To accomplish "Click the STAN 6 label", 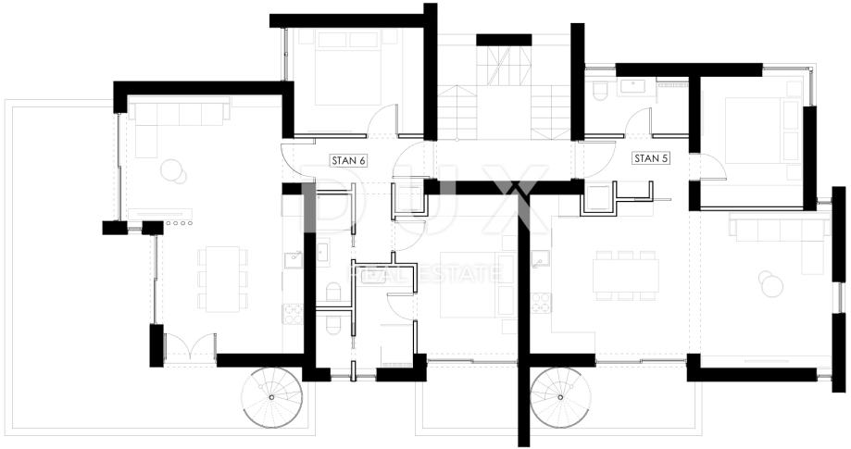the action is (x=348, y=160).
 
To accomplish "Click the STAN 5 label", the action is (x=651, y=159).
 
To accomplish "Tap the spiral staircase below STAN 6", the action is (x=271, y=397).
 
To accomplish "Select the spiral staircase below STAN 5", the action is (x=560, y=397).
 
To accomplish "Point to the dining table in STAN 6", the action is (x=222, y=279).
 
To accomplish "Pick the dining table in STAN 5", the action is (x=625, y=276).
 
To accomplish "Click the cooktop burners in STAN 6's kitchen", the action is (x=293, y=314).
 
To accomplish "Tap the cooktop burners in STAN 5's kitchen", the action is (x=541, y=303).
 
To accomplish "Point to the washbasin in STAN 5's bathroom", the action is (x=632, y=87).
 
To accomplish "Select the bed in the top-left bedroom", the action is (x=348, y=67).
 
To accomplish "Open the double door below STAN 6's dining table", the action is (x=191, y=346).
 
